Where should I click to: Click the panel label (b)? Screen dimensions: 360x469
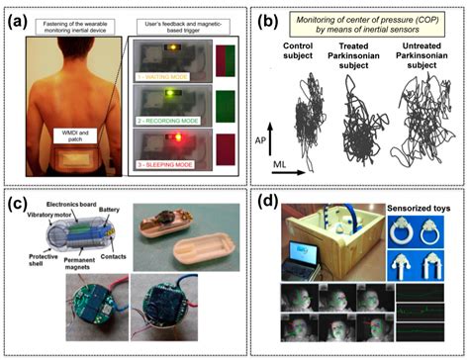click(x=260, y=18)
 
